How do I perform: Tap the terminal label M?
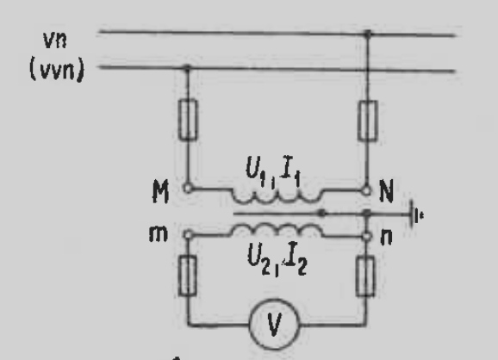(x=160, y=191)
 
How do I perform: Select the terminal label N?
(x=387, y=190)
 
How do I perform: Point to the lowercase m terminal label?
(x=159, y=234)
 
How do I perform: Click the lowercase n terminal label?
(x=386, y=237)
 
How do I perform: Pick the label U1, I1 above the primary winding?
(x=273, y=171)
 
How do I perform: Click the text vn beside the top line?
(x=55, y=40)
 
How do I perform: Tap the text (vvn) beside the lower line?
(x=57, y=70)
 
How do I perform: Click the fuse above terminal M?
(x=188, y=120)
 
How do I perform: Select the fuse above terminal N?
(x=368, y=121)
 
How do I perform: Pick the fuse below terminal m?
(x=188, y=276)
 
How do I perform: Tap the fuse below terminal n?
(x=365, y=276)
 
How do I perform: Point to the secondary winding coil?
(x=277, y=229)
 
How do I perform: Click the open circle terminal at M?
(x=188, y=189)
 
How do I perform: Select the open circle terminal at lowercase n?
(x=366, y=236)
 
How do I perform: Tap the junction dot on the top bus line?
(x=368, y=33)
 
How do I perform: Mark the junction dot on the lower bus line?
(x=187, y=67)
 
